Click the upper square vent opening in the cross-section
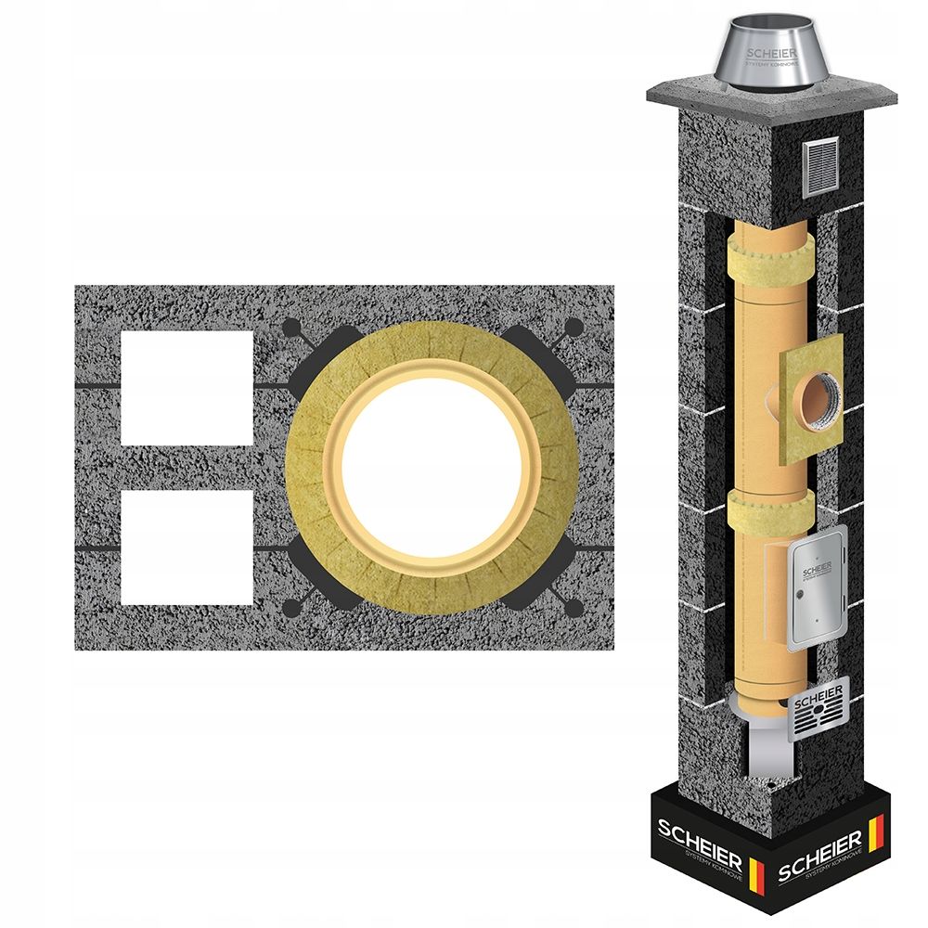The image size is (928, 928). click(x=187, y=388)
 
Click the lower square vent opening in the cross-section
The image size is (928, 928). click(x=187, y=548)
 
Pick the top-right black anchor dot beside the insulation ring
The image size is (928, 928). click(x=574, y=326)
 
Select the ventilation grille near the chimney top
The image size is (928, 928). click(x=819, y=166)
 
